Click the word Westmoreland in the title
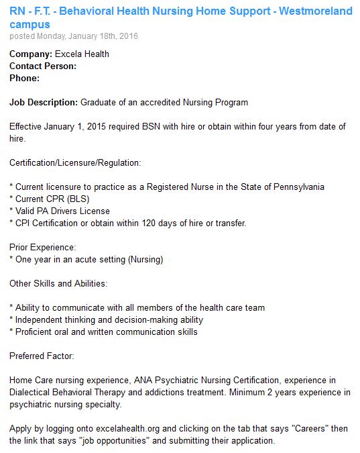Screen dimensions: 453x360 (315, 11)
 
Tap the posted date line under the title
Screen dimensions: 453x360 (74, 36)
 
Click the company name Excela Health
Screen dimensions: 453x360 (84, 54)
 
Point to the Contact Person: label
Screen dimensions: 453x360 (43, 66)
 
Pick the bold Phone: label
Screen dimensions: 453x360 (25, 78)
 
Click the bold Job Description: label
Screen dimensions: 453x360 (44, 103)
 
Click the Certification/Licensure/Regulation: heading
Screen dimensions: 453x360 (75, 163)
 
